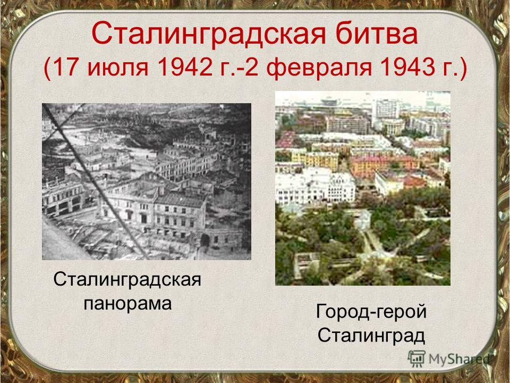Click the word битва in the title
click(x=376, y=34)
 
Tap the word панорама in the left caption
click(x=127, y=304)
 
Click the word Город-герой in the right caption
click(x=371, y=312)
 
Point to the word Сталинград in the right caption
click(x=371, y=336)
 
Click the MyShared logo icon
click(x=416, y=359)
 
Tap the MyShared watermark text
click(x=459, y=359)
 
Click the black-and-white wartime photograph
click(x=147, y=181)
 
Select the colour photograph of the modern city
click(x=363, y=188)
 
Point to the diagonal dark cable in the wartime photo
click(x=95, y=181)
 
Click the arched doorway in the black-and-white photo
click(x=205, y=240)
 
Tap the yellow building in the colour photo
click(x=315, y=160)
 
